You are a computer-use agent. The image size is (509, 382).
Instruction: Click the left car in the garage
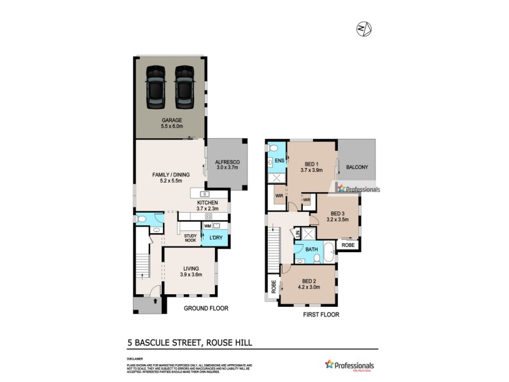[x=155, y=88]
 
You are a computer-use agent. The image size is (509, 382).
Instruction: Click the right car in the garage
[x=184, y=88]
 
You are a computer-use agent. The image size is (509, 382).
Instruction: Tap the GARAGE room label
[x=171, y=120]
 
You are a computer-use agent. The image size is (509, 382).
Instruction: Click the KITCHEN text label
[x=207, y=203]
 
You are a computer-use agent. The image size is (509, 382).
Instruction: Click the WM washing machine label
[x=207, y=226]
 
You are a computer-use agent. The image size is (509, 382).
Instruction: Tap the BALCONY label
[x=358, y=167]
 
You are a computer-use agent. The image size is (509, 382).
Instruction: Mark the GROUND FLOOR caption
[x=206, y=308]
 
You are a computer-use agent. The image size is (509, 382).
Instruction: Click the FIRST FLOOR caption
[x=321, y=315]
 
